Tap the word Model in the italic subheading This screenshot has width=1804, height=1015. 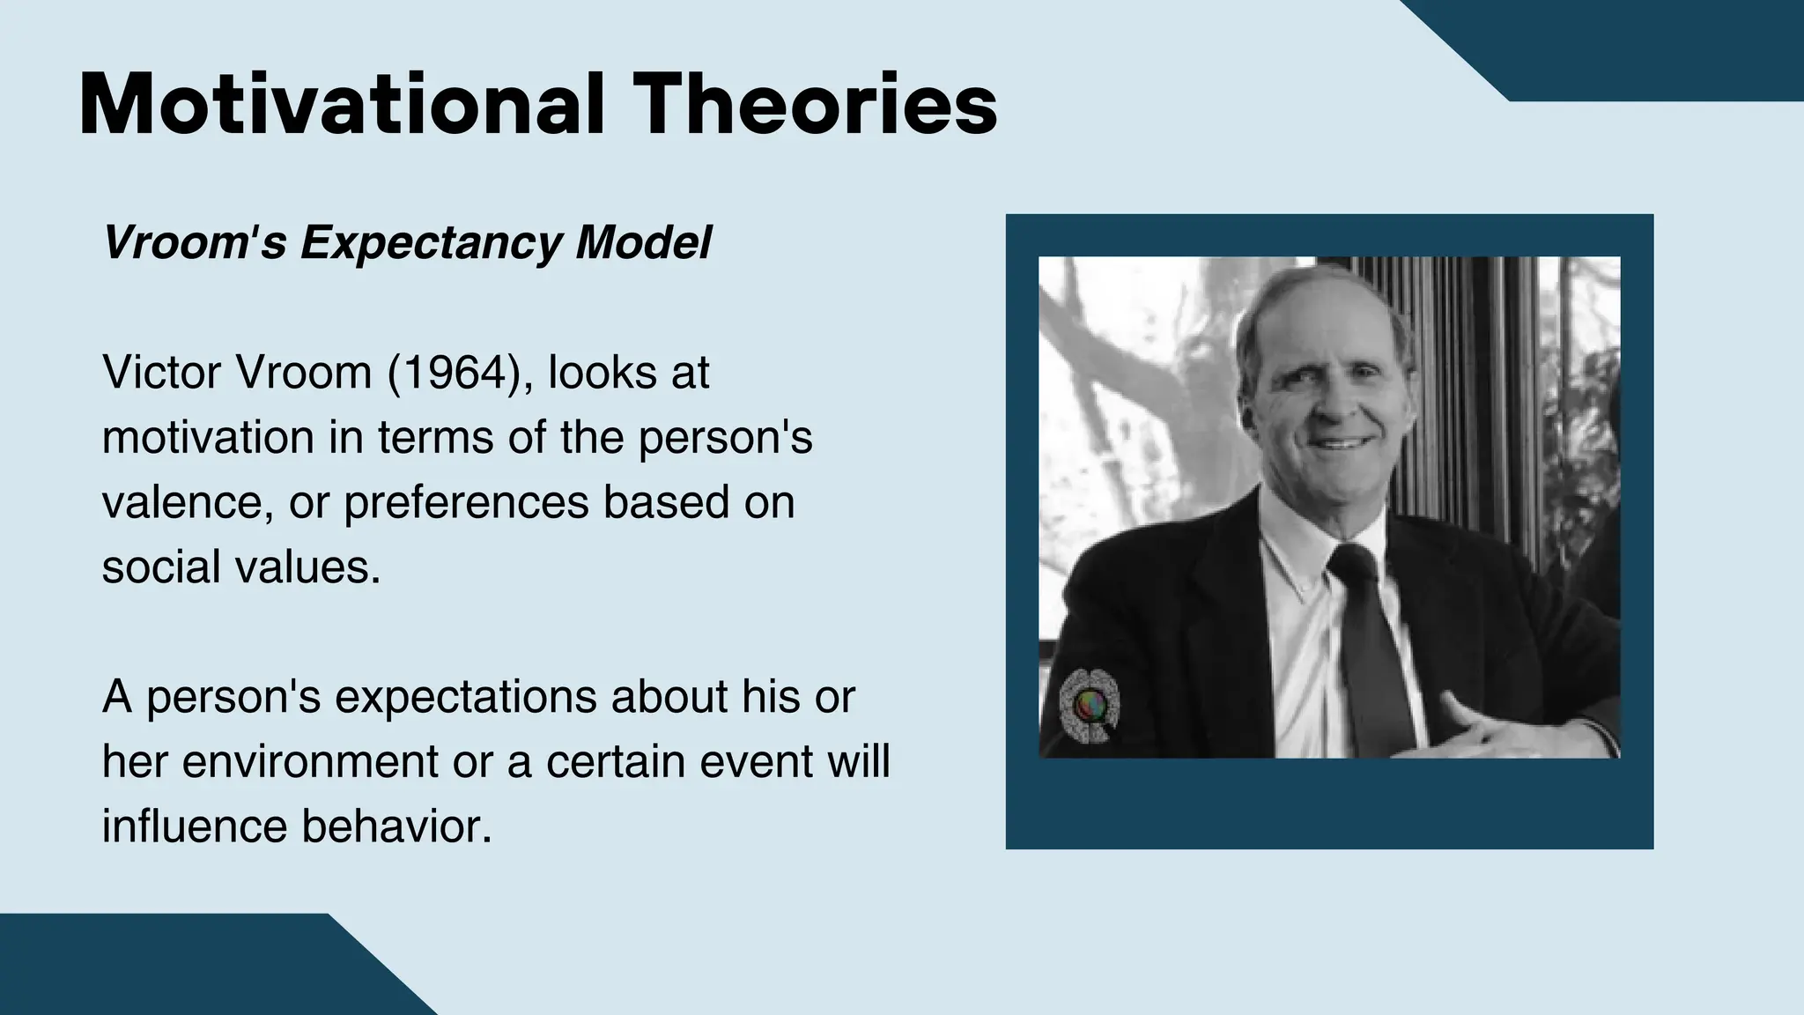(x=643, y=242)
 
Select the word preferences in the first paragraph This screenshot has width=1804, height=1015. (x=466, y=502)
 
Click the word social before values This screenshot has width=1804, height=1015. (x=161, y=567)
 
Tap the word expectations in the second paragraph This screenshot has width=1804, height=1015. (x=466, y=697)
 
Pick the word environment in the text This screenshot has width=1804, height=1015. (x=309, y=761)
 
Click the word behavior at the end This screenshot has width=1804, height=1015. (x=396, y=826)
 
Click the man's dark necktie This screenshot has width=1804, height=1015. (x=1370, y=643)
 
